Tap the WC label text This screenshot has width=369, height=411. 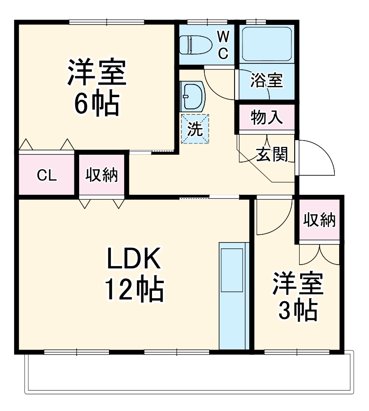pyautogui.click(x=223, y=45)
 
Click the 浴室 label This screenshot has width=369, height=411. pyautogui.click(x=266, y=81)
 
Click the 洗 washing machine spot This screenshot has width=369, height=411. pyautogui.click(x=195, y=129)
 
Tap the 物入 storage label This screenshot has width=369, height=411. pyautogui.click(x=266, y=118)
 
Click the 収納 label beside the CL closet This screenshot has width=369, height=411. pyautogui.click(x=103, y=175)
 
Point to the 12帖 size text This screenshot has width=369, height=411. pyautogui.click(x=133, y=290)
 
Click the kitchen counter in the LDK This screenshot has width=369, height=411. pyautogui.click(x=233, y=295)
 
